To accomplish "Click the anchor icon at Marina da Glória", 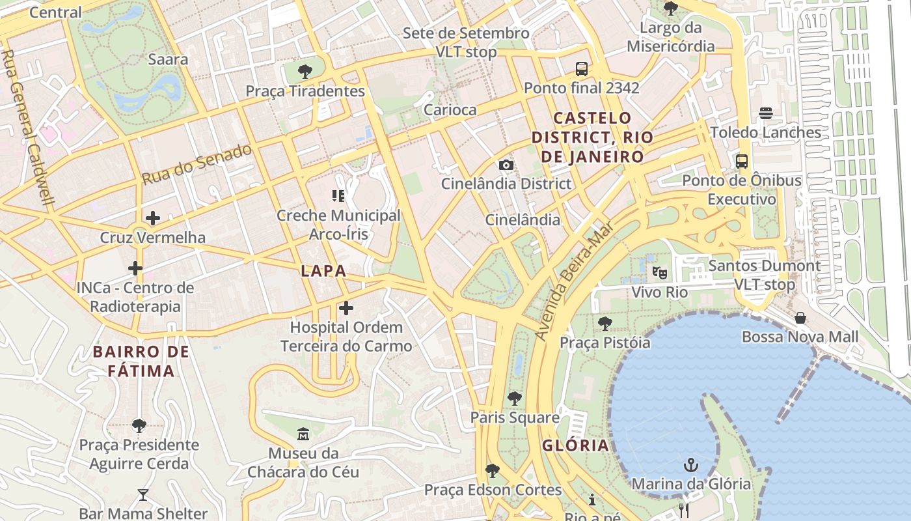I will pyautogui.click(x=690, y=465).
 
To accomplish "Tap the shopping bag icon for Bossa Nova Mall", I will pyautogui.click(x=800, y=318).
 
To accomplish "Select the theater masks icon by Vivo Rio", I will pyautogui.click(x=660, y=273).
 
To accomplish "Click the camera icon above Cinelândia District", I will pyautogui.click(x=506, y=165).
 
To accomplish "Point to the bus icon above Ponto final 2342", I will pyautogui.click(x=581, y=68).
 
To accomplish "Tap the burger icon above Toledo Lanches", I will pyautogui.click(x=765, y=113).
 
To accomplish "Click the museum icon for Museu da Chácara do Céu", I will pyautogui.click(x=303, y=434).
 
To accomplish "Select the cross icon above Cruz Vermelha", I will pyautogui.click(x=153, y=218).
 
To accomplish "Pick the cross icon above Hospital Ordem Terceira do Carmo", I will pyautogui.click(x=346, y=308).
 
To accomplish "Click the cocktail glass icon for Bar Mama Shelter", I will pyautogui.click(x=143, y=495).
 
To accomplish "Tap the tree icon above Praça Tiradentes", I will pyautogui.click(x=305, y=72).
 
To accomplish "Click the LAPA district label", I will pyautogui.click(x=323, y=271).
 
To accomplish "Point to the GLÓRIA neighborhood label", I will pyautogui.click(x=576, y=445).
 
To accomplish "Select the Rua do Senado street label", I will pyautogui.click(x=197, y=163).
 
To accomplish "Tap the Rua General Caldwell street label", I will pyautogui.click(x=27, y=128).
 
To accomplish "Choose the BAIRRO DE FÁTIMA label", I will pyautogui.click(x=141, y=361).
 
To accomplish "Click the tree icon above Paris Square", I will pyautogui.click(x=515, y=398).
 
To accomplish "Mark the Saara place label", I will pyautogui.click(x=168, y=59).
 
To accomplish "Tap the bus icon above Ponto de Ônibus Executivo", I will pyautogui.click(x=741, y=161).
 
